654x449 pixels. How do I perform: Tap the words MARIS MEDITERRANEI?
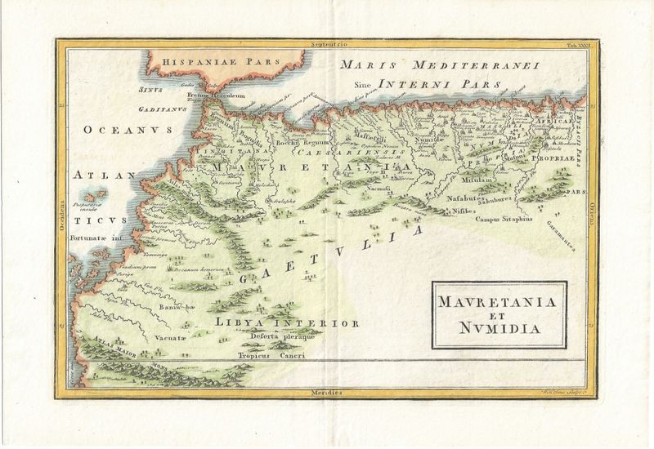437,65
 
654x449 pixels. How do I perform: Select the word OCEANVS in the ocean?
120,131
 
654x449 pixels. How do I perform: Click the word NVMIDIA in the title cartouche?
499,331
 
